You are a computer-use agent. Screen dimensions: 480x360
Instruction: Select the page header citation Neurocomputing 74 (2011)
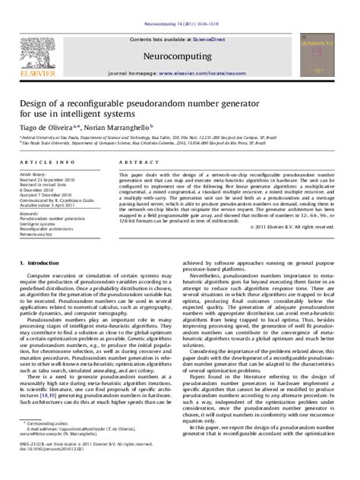pyautogui.click(x=179, y=4)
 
